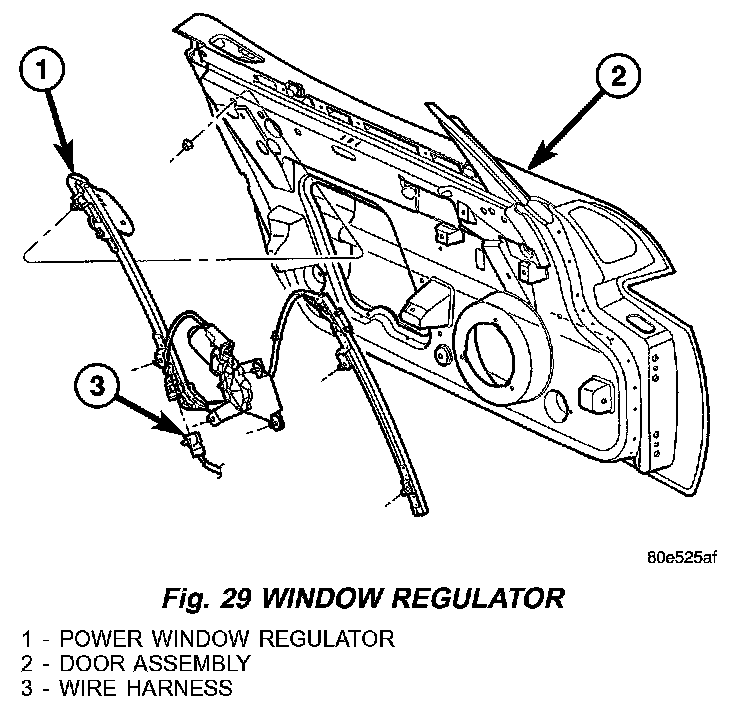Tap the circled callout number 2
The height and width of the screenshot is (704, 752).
(617, 74)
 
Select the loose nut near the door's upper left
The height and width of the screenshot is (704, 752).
(189, 149)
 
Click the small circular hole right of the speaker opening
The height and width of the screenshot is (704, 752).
(551, 405)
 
